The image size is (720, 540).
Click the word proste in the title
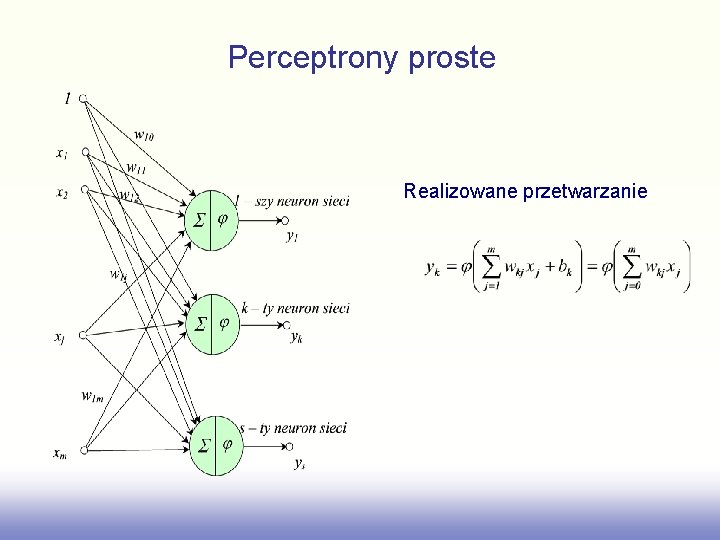452,58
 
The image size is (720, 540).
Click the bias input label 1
67,98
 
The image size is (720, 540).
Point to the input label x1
62,153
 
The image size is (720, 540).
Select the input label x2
62,192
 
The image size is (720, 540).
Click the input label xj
61,337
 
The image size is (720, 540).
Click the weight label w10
143,135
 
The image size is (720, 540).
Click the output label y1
292,236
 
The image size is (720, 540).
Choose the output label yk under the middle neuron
297,338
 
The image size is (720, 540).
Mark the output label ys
299,462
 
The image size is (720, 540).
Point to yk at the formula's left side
434,268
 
